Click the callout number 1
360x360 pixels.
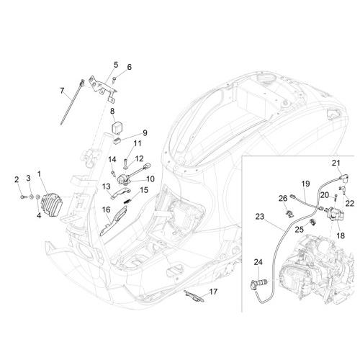pos(39,174)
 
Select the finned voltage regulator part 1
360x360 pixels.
pos(52,204)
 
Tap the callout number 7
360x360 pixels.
pos(62,91)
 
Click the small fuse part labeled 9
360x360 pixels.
pos(117,142)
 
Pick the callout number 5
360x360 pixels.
pos(116,65)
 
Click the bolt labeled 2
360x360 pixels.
pos(23,197)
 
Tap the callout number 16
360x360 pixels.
pos(107,210)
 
